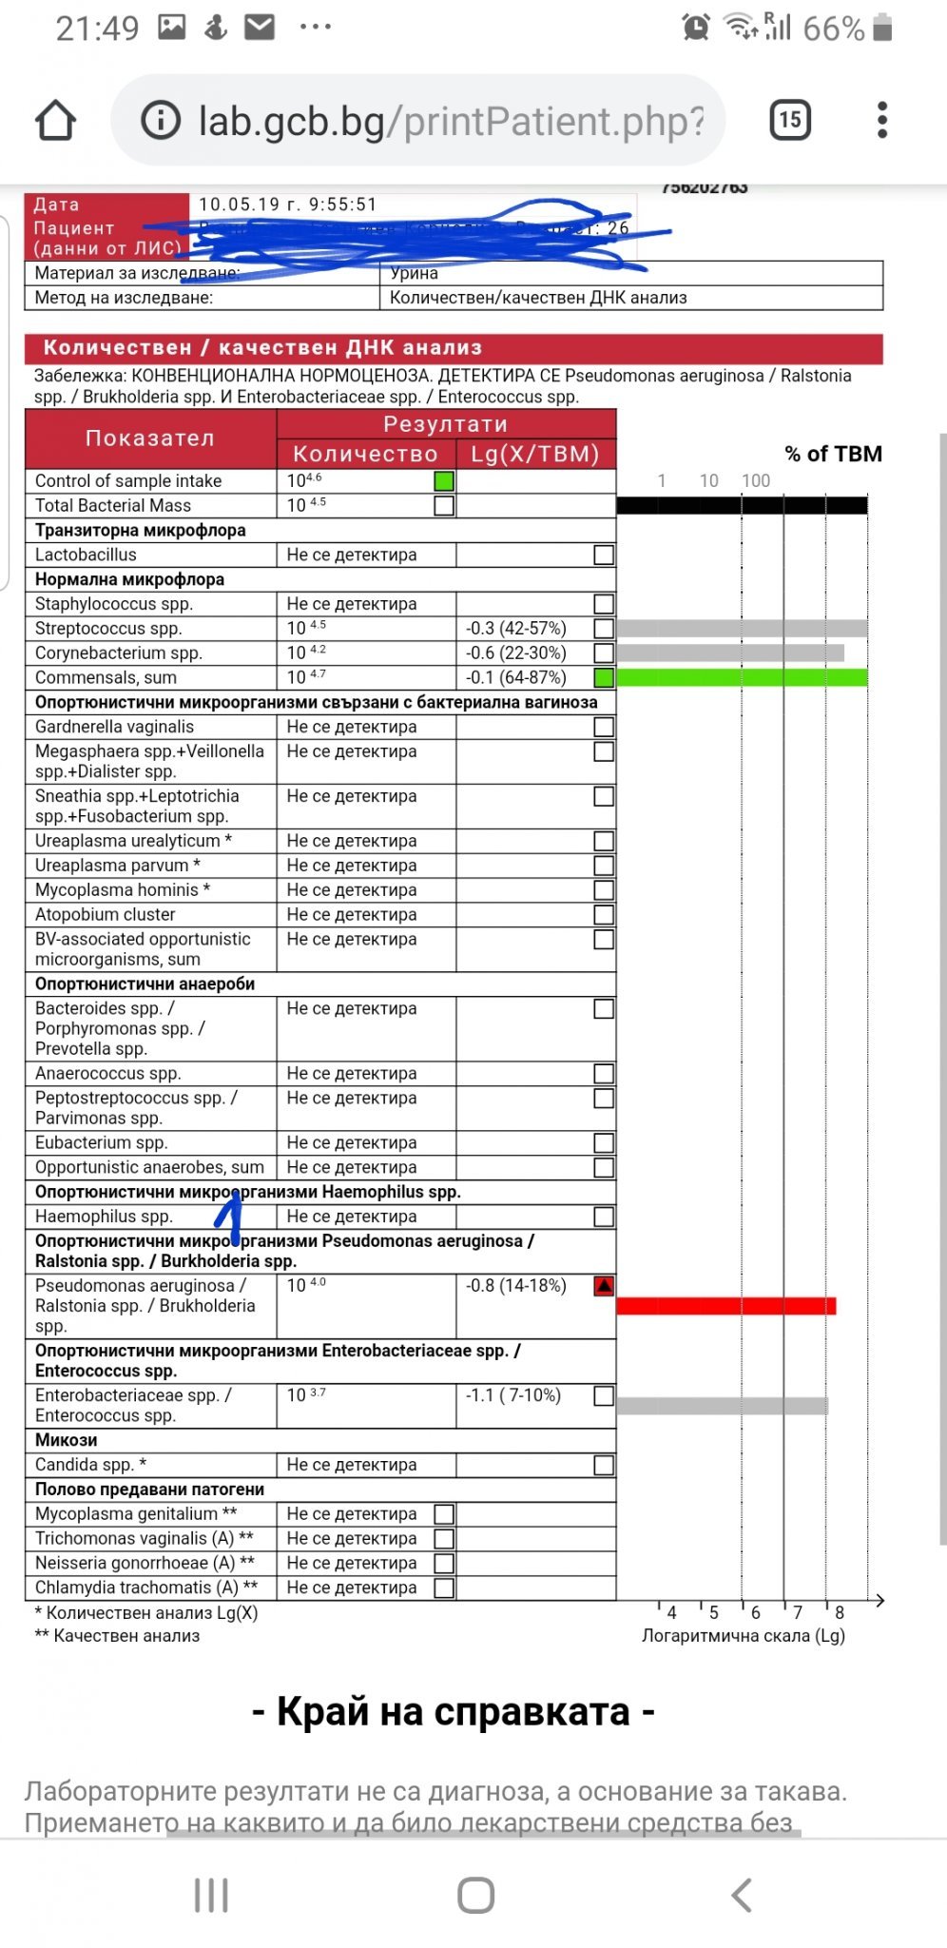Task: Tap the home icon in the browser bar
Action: click(x=55, y=121)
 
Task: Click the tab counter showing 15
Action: click(x=789, y=120)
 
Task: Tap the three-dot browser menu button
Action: click(x=882, y=120)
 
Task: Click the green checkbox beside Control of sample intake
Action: click(x=443, y=481)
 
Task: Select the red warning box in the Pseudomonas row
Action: click(x=604, y=1286)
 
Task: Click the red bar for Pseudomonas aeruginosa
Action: click(x=726, y=1306)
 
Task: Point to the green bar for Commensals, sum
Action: click(x=742, y=677)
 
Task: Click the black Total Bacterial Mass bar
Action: click(x=742, y=505)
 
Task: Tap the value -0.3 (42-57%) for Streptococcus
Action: click(x=515, y=629)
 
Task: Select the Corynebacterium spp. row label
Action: click(x=119, y=653)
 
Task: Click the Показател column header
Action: click(x=150, y=438)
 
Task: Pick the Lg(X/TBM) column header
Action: click(x=535, y=454)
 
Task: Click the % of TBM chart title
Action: click(x=833, y=454)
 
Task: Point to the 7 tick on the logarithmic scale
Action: click(x=798, y=1612)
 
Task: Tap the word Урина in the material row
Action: click(x=415, y=274)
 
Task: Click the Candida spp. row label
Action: click(x=90, y=1465)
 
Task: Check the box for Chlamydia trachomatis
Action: click(x=443, y=1588)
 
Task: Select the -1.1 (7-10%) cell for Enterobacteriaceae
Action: click(x=513, y=1395)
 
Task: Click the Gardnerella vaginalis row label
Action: click(x=114, y=727)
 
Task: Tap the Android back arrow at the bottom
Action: click(x=742, y=1895)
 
